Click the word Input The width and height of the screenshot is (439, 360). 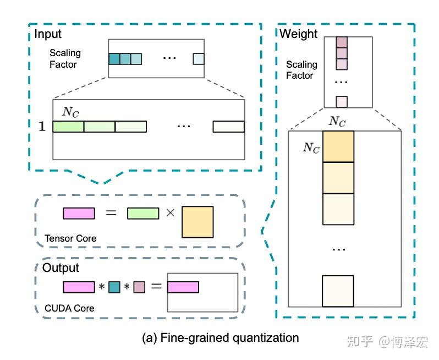(48, 35)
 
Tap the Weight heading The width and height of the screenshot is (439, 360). (299, 34)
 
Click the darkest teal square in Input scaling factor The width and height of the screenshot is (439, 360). (114, 59)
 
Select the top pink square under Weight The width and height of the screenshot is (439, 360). (342, 42)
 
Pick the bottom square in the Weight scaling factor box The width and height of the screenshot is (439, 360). (342, 102)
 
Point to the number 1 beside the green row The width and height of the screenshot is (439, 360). (42, 127)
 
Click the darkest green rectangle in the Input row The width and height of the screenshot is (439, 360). (68, 127)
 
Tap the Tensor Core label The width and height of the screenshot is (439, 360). (70, 238)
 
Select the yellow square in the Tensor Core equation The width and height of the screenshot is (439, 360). (197, 222)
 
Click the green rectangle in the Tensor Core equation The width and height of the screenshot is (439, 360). (143, 214)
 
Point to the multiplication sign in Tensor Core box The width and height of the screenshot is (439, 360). (171, 213)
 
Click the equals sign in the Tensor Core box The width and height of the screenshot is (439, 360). (111, 213)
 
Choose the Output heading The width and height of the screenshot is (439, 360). (61, 268)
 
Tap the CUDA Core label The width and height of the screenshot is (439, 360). (69, 308)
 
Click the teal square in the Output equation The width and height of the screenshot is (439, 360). (114, 287)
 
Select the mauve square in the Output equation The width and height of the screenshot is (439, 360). (139, 287)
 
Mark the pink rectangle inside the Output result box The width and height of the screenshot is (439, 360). (183, 287)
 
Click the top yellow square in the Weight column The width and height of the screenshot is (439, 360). (338, 146)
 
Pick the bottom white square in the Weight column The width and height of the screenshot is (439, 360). (338, 291)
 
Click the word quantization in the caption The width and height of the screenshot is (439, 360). (266, 338)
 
